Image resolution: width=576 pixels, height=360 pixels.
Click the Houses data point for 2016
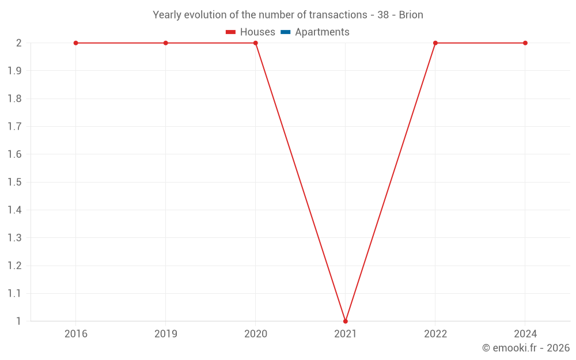pyautogui.click(x=76, y=43)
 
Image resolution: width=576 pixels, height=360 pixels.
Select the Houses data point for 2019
pyautogui.click(x=166, y=43)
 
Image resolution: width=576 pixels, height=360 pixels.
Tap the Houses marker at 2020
pyautogui.click(x=256, y=43)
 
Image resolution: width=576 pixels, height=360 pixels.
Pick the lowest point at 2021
pyautogui.click(x=346, y=321)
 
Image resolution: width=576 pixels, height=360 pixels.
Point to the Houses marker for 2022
pyautogui.click(x=435, y=43)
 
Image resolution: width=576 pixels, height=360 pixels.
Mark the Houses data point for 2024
pyautogui.click(x=525, y=43)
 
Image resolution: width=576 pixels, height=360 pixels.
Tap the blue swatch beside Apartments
pyautogui.click(x=285, y=32)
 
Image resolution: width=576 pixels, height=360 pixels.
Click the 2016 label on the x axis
pyautogui.click(x=76, y=334)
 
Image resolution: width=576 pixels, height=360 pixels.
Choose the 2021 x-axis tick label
pyautogui.click(x=346, y=334)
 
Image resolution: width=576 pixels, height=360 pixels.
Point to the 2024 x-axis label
pyautogui.click(x=525, y=334)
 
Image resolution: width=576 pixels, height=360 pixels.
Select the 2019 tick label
pyautogui.click(x=166, y=334)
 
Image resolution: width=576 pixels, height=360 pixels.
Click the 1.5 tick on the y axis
pyautogui.click(x=14, y=182)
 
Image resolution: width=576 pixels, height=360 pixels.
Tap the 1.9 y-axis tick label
pyautogui.click(x=14, y=71)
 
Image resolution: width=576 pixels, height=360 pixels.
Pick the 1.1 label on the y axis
pyautogui.click(x=14, y=293)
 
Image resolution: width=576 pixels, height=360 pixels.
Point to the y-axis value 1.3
pyautogui.click(x=14, y=238)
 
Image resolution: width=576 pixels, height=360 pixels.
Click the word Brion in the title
pyautogui.click(x=411, y=15)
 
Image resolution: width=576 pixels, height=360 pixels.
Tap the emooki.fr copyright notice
pyautogui.click(x=526, y=348)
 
